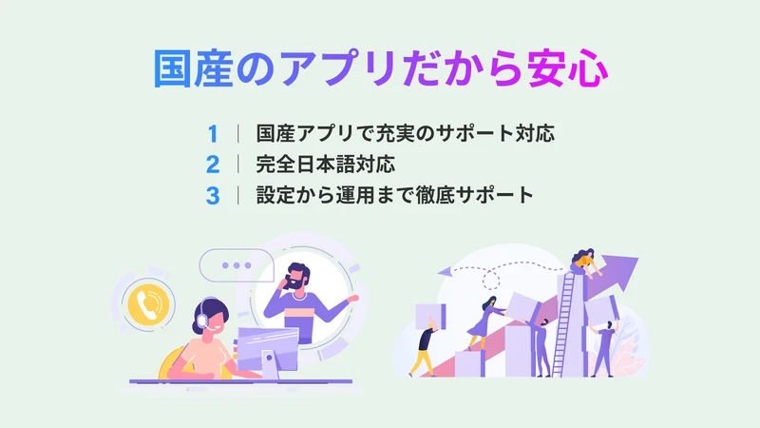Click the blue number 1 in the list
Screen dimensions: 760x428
pyautogui.click(x=213, y=134)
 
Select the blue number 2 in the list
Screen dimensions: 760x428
pyautogui.click(x=213, y=165)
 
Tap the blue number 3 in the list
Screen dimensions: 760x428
pyautogui.click(x=213, y=196)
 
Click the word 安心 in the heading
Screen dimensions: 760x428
pyautogui.click(x=567, y=68)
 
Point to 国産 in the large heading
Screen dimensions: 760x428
pyautogui.click(x=194, y=68)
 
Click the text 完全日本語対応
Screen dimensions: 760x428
pyautogui.click(x=325, y=165)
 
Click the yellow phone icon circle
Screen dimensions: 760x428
pyautogui.click(x=148, y=304)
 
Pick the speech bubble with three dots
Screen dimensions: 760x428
pyautogui.click(x=236, y=265)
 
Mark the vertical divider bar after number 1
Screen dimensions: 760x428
pyautogui.click(x=238, y=133)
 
